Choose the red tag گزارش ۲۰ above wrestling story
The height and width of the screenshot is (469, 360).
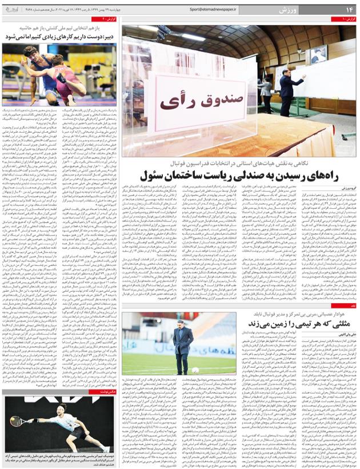point(109,20)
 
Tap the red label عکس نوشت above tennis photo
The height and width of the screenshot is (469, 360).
point(108,392)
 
